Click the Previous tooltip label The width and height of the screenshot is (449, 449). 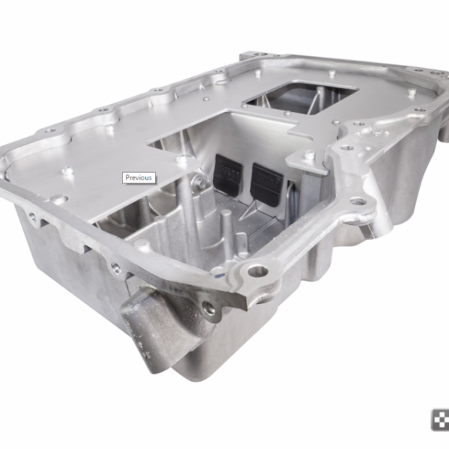pyautogui.click(x=139, y=178)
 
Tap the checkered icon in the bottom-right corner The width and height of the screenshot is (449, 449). pyautogui.click(x=439, y=420)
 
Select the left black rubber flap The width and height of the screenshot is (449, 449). pyautogui.click(x=227, y=174)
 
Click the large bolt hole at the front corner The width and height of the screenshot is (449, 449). pyautogui.click(x=258, y=271)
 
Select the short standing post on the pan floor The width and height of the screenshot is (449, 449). pyautogui.click(x=226, y=223)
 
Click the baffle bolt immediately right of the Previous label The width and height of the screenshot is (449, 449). pyautogui.click(x=182, y=159)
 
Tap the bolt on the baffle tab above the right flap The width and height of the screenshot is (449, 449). pyautogui.click(x=308, y=155)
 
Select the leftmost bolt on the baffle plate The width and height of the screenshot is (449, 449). pyautogui.click(x=67, y=171)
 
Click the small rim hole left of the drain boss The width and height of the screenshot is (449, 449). pyautogui.click(x=116, y=266)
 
